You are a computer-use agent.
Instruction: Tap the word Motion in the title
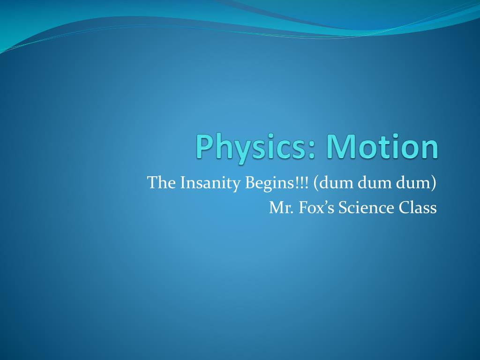coord(382,146)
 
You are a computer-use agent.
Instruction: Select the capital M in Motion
coord(341,146)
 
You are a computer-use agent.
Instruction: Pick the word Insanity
coord(210,183)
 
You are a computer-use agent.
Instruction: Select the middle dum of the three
coord(375,183)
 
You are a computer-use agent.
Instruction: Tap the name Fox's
coord(316,207)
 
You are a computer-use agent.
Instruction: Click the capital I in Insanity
coord(180,182)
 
